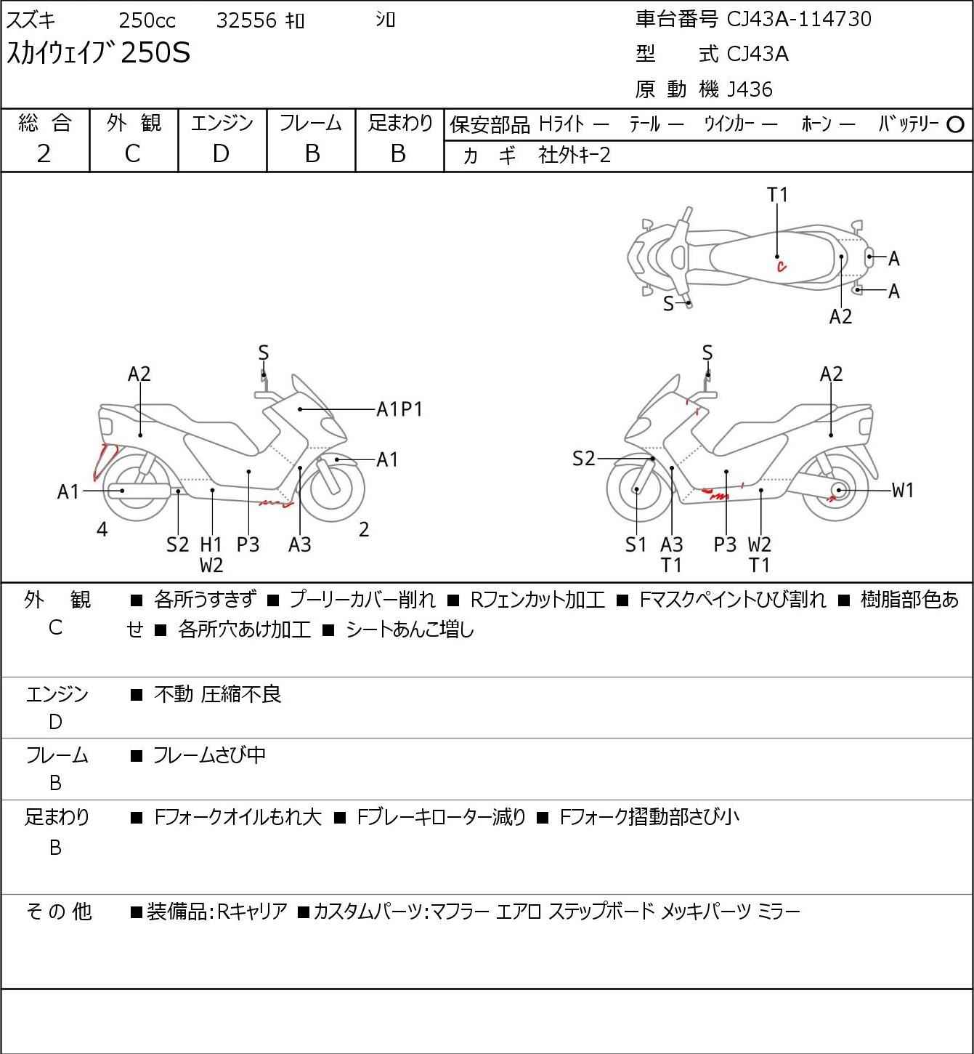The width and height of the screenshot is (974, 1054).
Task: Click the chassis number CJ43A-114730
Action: (x=799, y=19)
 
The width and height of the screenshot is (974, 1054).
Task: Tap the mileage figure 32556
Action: (x=246, y=20)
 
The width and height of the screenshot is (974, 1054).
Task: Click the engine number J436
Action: (x=745, y=89)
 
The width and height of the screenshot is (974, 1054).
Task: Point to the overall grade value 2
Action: (x=44, y=153)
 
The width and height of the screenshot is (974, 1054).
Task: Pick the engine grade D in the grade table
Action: (x=222, y=153)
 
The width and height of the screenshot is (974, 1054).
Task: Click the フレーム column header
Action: (x=311, y=124)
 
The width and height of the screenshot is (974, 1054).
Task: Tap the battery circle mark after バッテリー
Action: (x=956, y=125)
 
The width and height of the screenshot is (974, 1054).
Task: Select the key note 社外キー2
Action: (x=575, y=156)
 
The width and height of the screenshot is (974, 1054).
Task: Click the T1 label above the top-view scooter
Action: (x=777, y=195)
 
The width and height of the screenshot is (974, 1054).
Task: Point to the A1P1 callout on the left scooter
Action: (x=399, y=409)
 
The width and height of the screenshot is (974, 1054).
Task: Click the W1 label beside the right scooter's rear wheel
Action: (x=903, y=491)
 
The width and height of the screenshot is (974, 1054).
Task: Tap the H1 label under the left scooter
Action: (x=211, y=544)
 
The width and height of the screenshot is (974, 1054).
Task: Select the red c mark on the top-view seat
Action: (x=782, y=267)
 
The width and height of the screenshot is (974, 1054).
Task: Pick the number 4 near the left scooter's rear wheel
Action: (x=102, y=530)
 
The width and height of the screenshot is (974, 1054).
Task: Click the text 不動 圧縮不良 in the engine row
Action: (x=217, y=695)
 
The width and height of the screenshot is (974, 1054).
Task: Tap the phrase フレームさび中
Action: (x=209, y=756)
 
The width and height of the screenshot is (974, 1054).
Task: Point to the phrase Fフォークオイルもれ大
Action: (x=238, y=818)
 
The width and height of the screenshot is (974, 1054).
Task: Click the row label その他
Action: (x=58, y=912)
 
